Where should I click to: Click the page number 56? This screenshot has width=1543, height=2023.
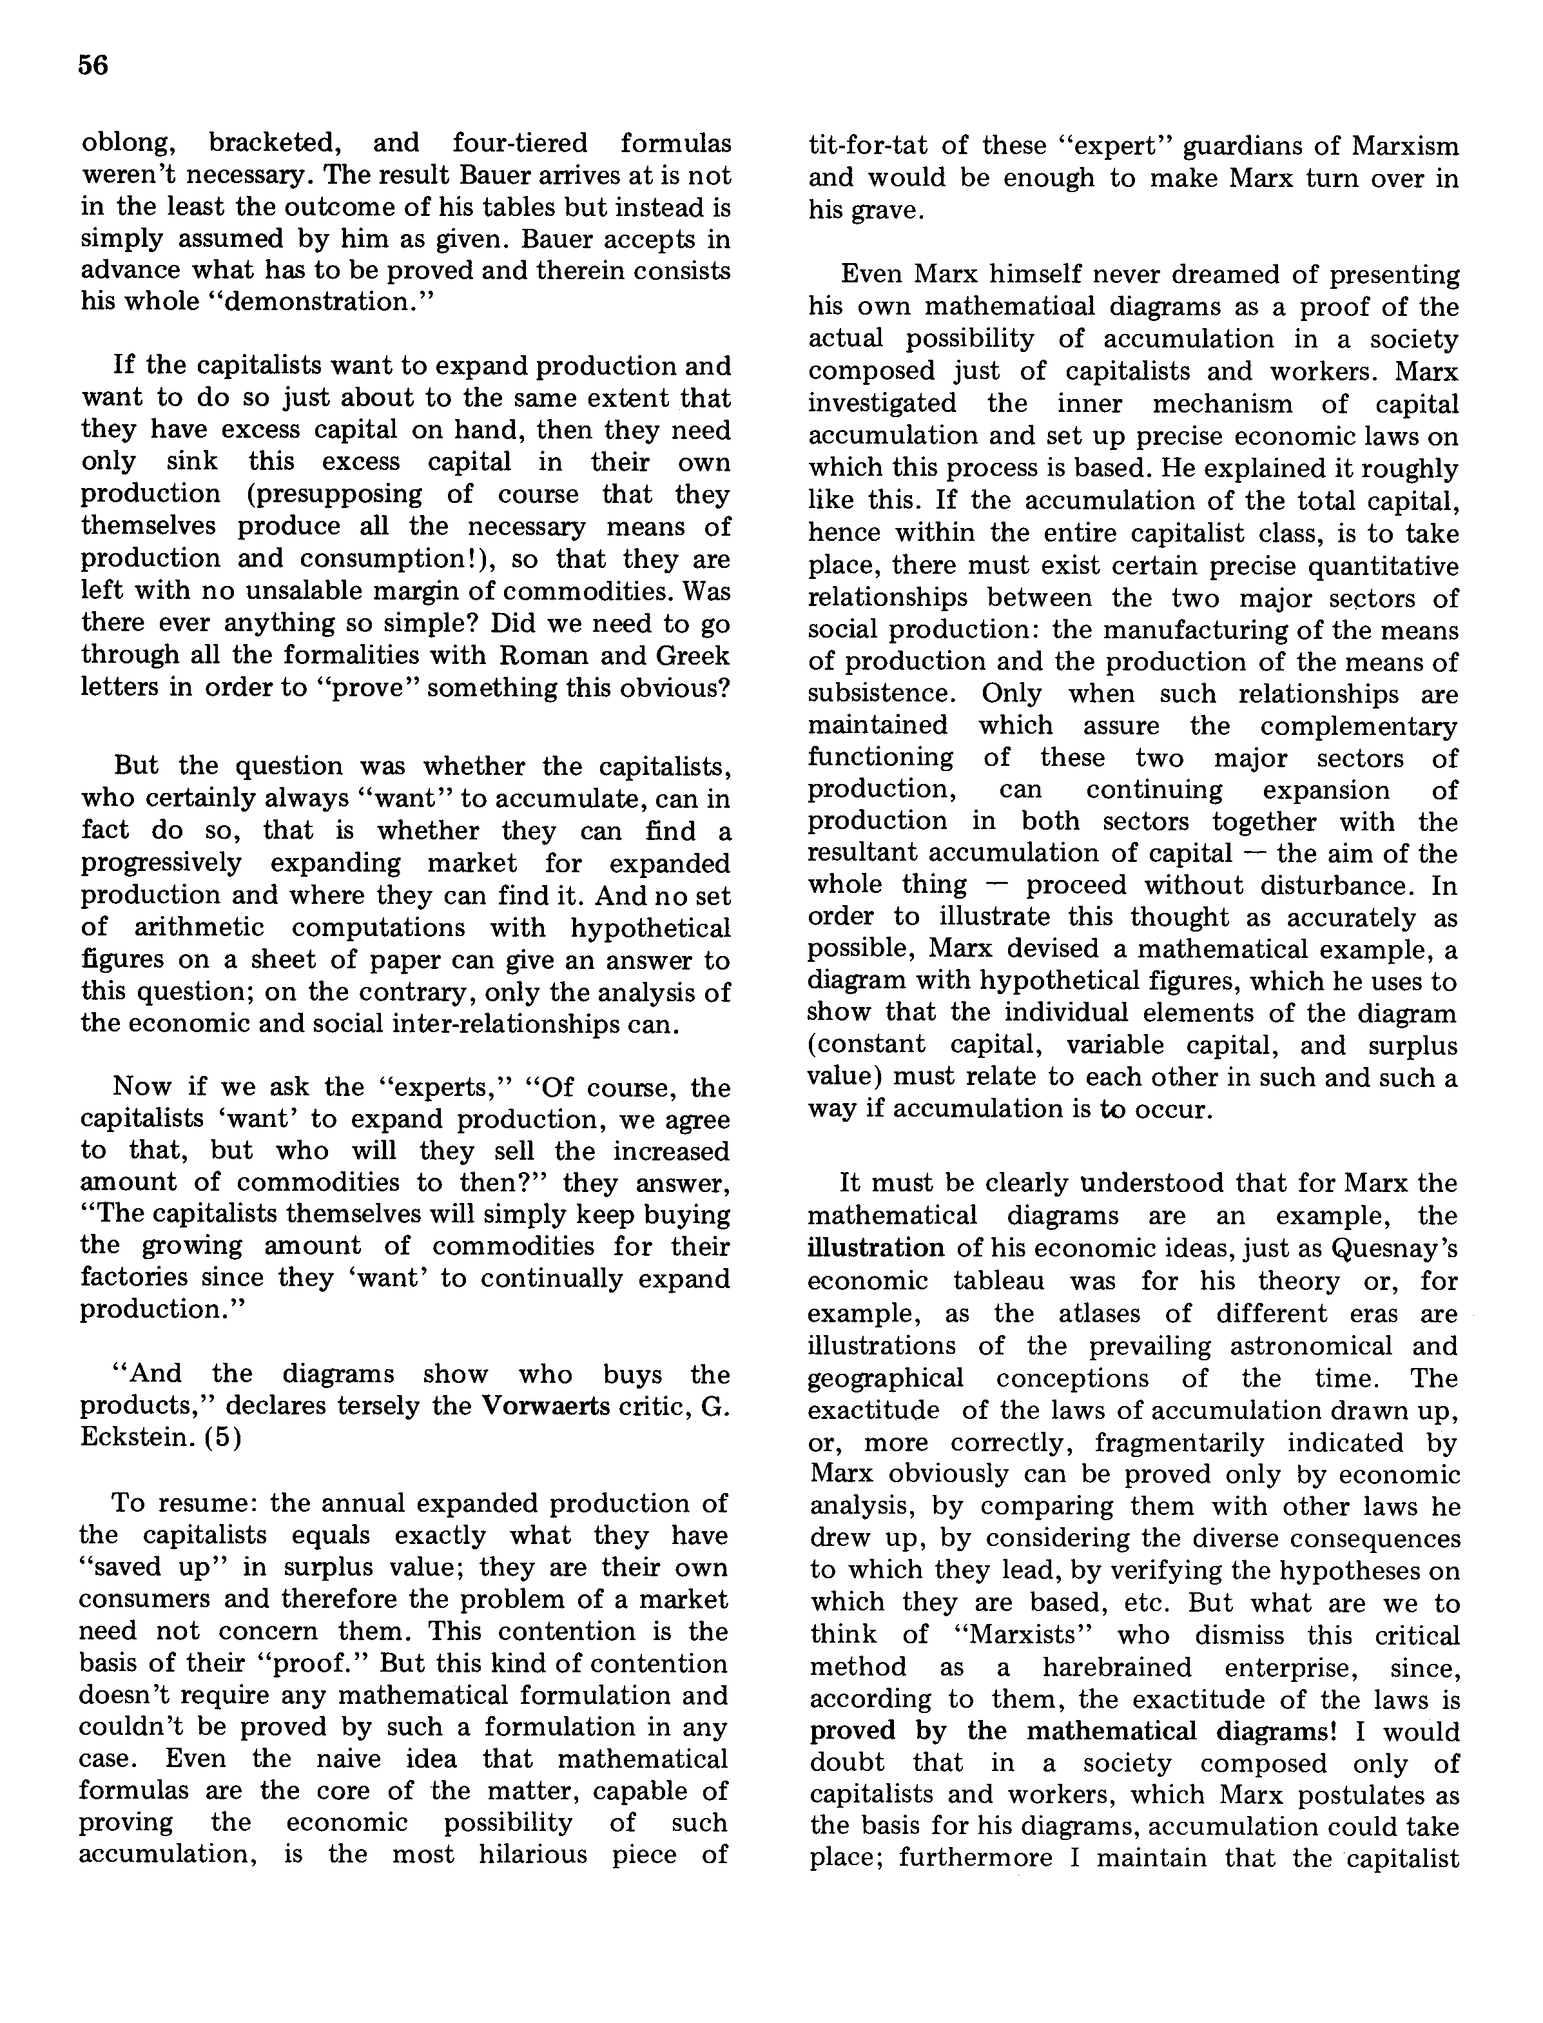pyautogui.click(x=93, y=65)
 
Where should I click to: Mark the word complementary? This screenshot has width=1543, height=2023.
pyautogui.click(x=1359, y=726)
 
